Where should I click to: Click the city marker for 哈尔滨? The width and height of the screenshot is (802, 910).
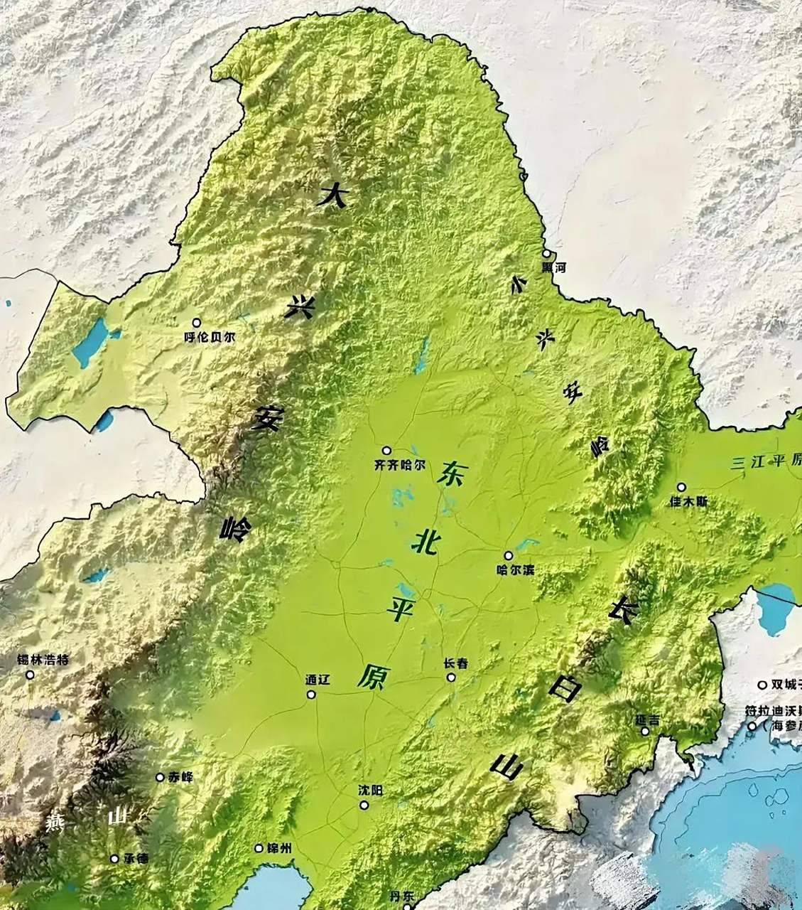pyautogui.click(x=508, y=556)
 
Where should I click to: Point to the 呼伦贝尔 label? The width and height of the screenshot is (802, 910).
pyautogui.click(x=209, y=338)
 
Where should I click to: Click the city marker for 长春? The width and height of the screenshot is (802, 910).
pyautogui.click(x=451, y=677)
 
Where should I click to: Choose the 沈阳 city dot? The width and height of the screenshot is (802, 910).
pyautogui.click(x=364, y=805)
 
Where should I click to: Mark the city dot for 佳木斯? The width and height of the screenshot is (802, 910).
pyautogui.click(x=681, y=487)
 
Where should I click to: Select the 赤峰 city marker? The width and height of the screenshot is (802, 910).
pyautogui.click(x=160, y=777)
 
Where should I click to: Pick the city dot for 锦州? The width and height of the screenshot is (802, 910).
pyautogui.click(x=259, y=848)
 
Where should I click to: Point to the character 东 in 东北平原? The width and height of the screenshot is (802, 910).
pyautogui.click(x=452, y=473)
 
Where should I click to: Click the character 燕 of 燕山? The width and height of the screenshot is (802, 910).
pyautogui.click(x=55, y=823)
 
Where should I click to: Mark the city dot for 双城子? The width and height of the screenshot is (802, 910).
pyautogui.click(x=762, y=685)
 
